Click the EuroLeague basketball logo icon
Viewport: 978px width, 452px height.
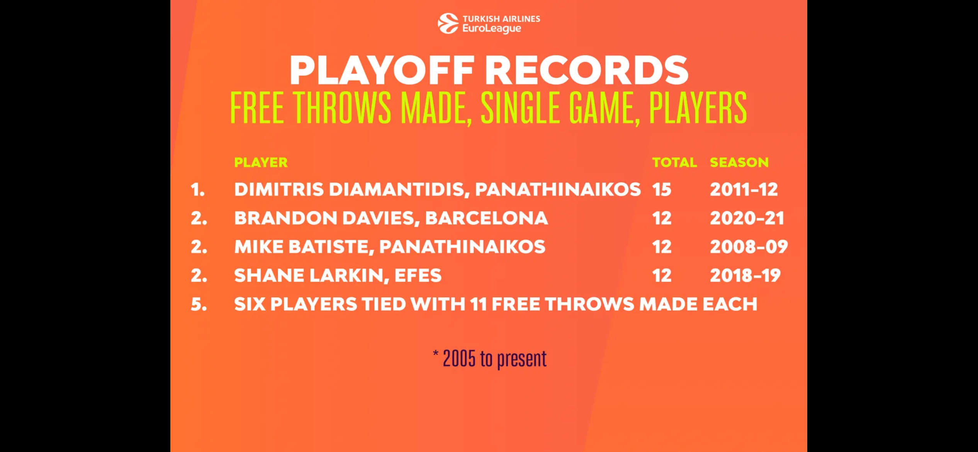[x=448, y=24]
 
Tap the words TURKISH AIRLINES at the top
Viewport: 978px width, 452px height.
[x=501, y=19]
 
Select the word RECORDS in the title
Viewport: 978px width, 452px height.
[x=586, y=70]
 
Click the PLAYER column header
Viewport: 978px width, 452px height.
[x=261, y=162]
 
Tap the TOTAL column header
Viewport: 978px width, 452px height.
[x=674, y=162]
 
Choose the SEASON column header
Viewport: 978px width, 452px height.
[x=739, y=162]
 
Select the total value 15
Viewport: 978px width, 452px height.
[x=662, y=189]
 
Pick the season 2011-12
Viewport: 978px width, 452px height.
[x=744, y=189]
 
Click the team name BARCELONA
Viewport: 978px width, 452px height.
[x=487, y=218]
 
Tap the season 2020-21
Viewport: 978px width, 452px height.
[x=747, y=218]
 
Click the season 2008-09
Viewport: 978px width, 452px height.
[x=749, y=246]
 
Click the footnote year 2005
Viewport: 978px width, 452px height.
[x=459, y=359]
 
